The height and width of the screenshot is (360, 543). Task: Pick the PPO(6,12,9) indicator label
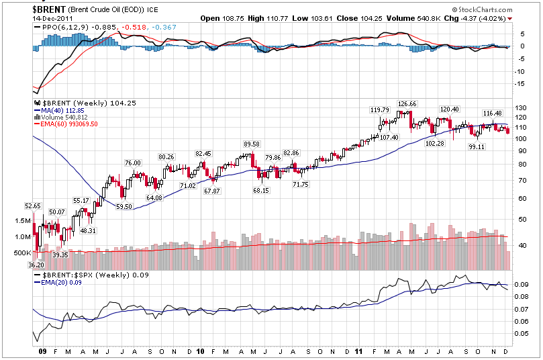pyautogui.click(x=62, y=27)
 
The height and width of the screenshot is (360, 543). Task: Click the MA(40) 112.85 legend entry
pyautogui.click(x=61, y=110)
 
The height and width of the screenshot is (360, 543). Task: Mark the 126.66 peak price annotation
pyautogui.click(x=407, y=104)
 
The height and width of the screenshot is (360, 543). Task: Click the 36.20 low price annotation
pyautogui.click(x=36, y=265)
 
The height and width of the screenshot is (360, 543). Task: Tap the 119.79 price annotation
pyautogui.click(x=380, y=109)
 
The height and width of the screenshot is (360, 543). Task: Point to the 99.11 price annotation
pyautogui.click(x=477, y=146)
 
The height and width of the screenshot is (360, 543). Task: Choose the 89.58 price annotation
pyautogui.click(x=251, y=144)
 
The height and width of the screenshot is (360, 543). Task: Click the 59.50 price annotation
pyautogui.click(x=124, y=207)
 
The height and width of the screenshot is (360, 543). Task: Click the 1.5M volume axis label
pyautogui.click(x=21, y=221)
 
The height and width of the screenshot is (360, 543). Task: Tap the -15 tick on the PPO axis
pyautogui.click(x=519, y=84)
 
